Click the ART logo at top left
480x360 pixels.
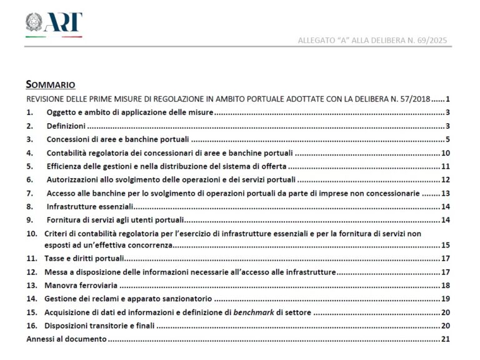54,23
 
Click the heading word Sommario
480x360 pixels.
51,84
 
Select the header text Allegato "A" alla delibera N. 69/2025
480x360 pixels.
374,41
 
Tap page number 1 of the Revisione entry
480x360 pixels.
448,99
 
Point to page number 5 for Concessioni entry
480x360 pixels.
448,139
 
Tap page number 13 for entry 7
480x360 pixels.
446,194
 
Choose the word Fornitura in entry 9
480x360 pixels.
65,220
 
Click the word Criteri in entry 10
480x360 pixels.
57,234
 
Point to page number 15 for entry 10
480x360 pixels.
446,245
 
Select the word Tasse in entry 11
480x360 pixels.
55,259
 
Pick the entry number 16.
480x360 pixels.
31,326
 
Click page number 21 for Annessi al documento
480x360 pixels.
446,339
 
